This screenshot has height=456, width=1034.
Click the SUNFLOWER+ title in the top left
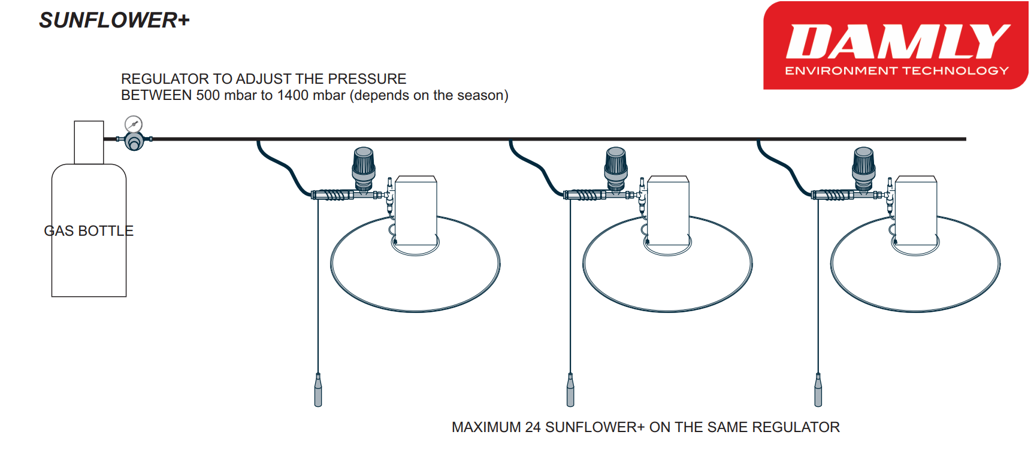(x=114, y=20)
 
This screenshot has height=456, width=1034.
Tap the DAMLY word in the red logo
(x=897, y=42)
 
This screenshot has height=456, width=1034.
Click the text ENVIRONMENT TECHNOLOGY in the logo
(x=897, y=71)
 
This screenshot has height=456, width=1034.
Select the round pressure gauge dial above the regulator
(x=134, y=124)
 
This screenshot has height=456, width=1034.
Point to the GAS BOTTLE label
(x=89, y=231)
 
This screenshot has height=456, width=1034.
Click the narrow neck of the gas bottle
(x=89, y=142)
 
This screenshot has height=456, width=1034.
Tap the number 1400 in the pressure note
(x=293, y=96)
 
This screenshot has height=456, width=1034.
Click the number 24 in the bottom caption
(x=533, y=427)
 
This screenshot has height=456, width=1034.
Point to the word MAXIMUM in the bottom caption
(x=486, y=427)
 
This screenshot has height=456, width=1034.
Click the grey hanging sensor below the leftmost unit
(x=318, y=390)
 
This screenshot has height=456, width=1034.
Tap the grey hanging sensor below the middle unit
(x=570, y=390)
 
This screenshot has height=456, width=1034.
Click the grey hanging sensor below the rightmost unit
(x=818, y=390)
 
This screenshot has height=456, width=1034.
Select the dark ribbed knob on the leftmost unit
(x=364, y=163)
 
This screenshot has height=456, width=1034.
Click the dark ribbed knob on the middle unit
(x=616, y=163)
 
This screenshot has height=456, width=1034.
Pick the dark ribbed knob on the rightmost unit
(x=863, y=163)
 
